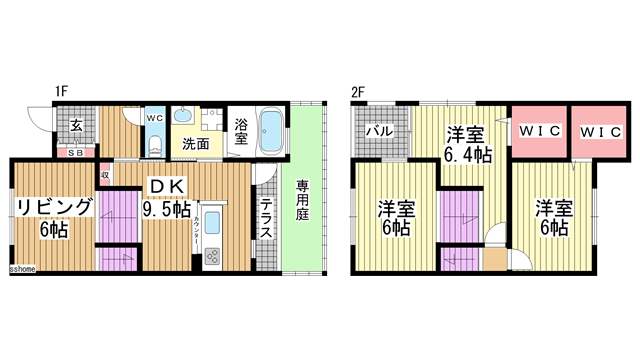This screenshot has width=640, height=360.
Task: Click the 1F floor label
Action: point(61,92)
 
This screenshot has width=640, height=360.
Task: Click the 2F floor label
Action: point(357,92)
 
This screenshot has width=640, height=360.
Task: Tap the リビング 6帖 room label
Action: point(52,217)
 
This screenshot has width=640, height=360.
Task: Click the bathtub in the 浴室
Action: point(273,129)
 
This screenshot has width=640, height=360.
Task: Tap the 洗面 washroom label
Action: point(195,144)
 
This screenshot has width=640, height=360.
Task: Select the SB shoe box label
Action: point(75,153)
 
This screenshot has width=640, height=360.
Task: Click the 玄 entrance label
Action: point(75,127)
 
